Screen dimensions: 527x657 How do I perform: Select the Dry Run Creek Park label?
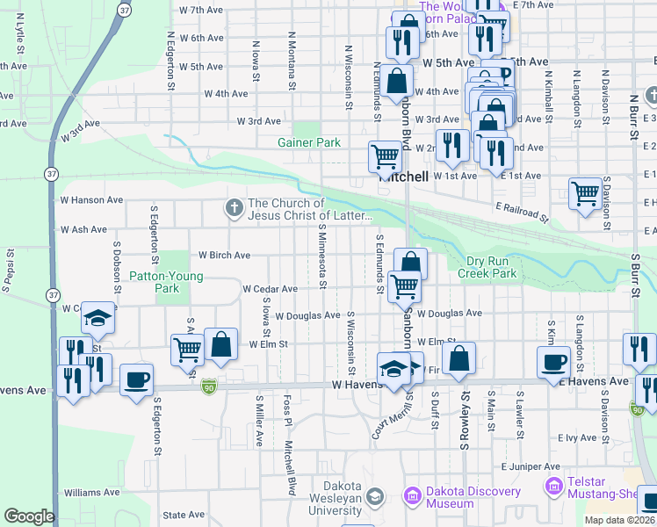point(486,267)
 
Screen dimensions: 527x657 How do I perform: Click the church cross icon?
point(234,208)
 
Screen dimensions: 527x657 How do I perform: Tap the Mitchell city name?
point(403,177)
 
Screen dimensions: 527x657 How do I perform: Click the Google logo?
point(29,516)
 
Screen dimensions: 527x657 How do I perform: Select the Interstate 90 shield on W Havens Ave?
point(208,387)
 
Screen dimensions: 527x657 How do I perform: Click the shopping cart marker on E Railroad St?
point(585,193)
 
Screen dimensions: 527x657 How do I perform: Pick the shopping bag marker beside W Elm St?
point(221,344)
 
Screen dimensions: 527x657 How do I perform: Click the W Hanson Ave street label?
point(91,200)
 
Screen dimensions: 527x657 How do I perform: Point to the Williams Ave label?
point(91,493)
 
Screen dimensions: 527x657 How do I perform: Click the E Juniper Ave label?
point(531,466)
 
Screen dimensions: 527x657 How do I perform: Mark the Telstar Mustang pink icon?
point(553,486)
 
